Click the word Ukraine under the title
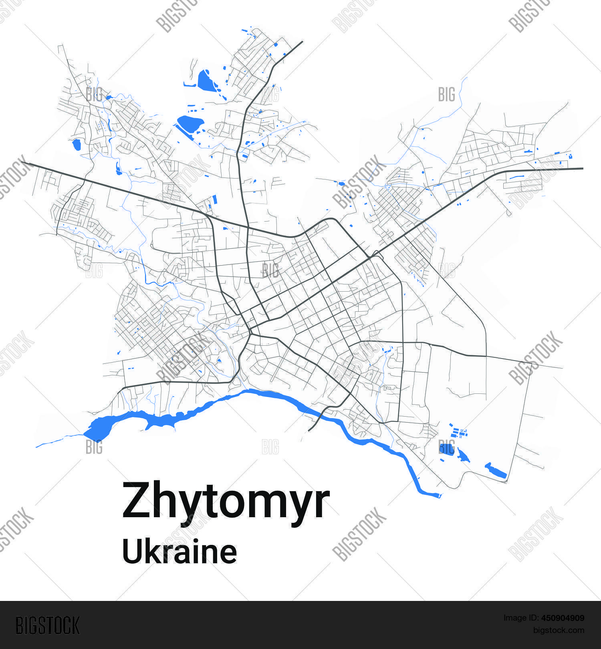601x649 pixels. point(179,552)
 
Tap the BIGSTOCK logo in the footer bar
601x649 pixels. point(48,625)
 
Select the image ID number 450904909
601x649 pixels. point(562,618)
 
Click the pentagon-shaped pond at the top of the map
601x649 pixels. point(205,81)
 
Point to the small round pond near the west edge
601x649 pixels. point(76,145)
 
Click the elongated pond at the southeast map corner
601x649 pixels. point(496,472)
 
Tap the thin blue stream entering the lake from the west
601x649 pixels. point(56,441)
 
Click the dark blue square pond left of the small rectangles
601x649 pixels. point(446,448)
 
